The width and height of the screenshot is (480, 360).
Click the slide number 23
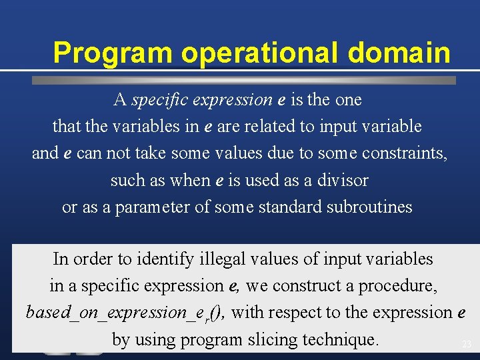(466, 345)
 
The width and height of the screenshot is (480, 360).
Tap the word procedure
(398, 286)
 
